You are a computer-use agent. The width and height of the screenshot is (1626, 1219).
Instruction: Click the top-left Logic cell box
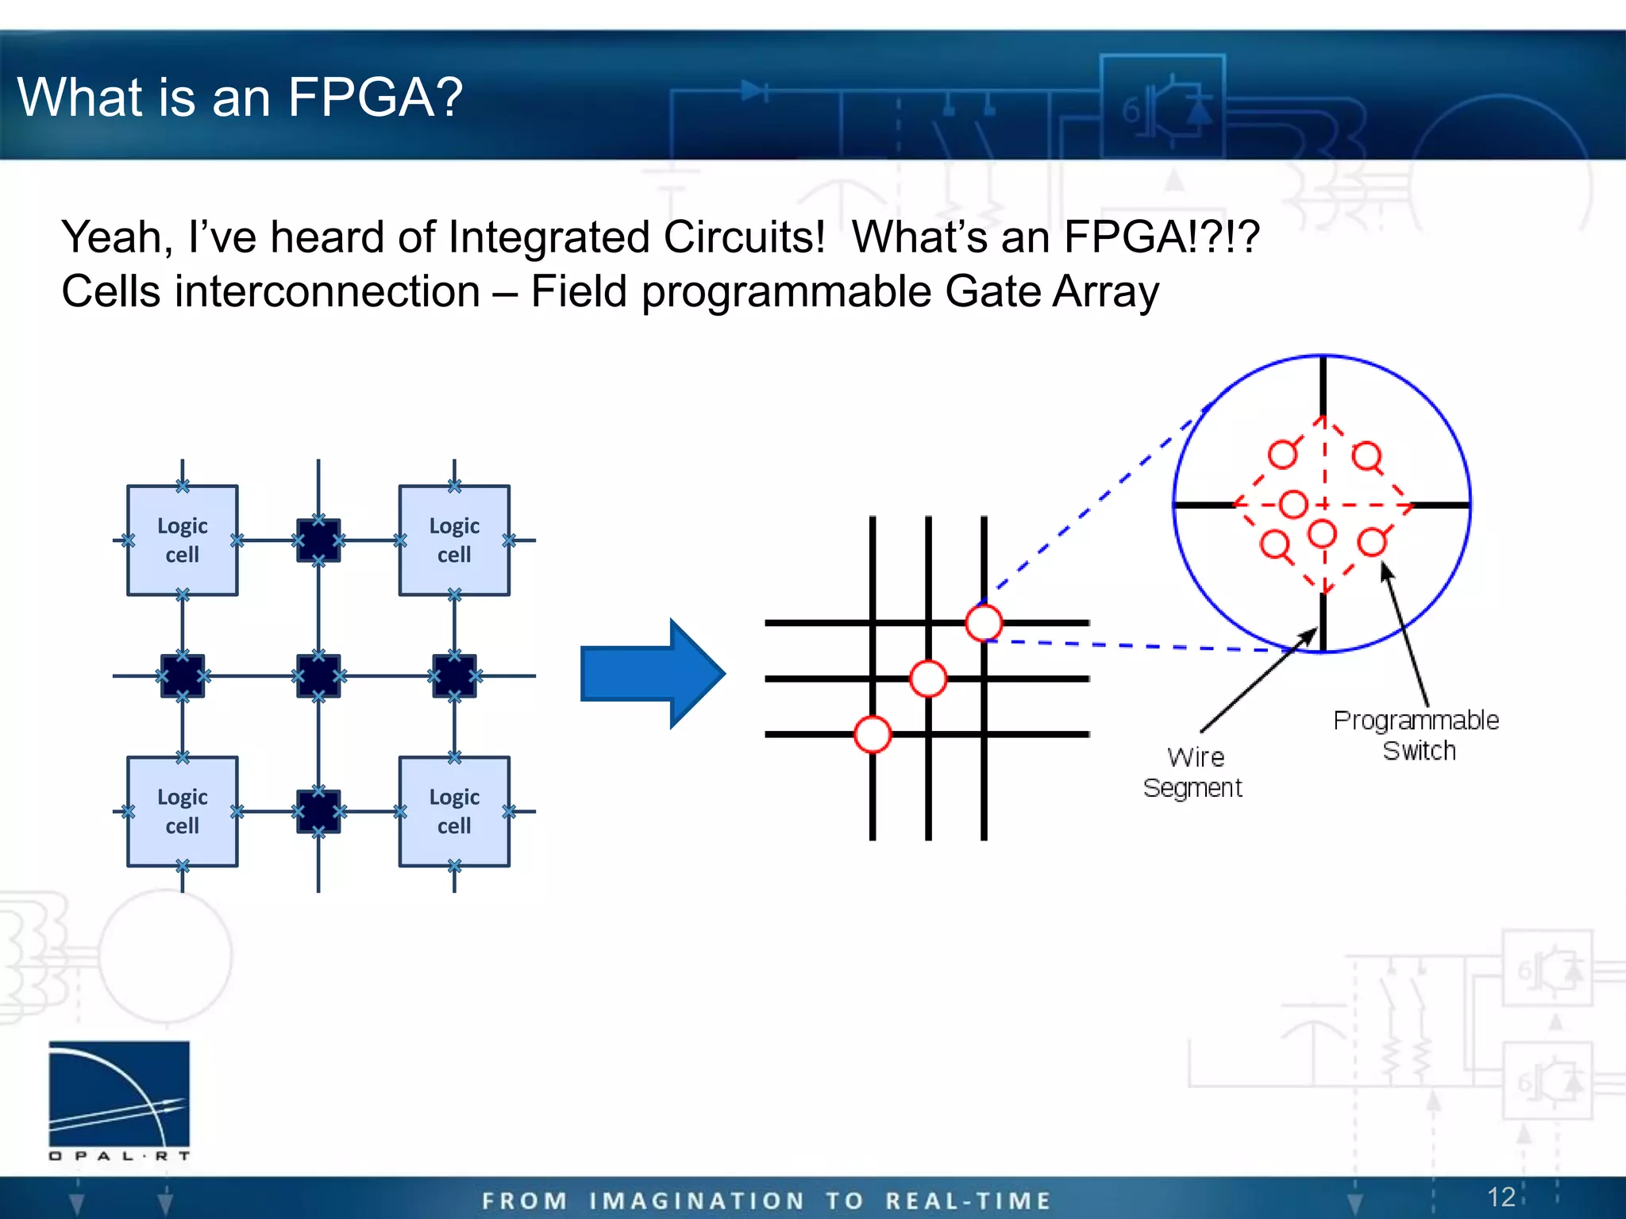pyautogui.click(x=182, y=540)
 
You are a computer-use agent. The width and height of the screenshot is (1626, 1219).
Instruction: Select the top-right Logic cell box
pyautogui.click(x=454, y=540)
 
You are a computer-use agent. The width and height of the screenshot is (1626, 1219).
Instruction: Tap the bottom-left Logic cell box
pyautogui.click(x=182, y=811)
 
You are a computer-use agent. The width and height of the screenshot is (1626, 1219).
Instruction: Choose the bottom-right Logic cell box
pyautogui.click(x=454, y=811)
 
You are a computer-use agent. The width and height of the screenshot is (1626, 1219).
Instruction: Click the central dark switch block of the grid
pyautogui.click(x=318, y=675)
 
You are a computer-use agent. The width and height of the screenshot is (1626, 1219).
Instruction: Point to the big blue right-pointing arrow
pyautogui.click(x=652, y=674)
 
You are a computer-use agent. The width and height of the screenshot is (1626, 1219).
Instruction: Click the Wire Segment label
pyautogui.click(x=1193, y=772)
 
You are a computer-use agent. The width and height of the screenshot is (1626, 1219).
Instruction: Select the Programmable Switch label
pyautogui.click(x=1416, y=735)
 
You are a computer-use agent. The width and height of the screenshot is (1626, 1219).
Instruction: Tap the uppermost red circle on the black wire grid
pyautogui.click(x=984, y=622)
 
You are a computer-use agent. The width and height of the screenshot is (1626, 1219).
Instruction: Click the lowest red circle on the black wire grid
pyautogui.click(x=873, y=734)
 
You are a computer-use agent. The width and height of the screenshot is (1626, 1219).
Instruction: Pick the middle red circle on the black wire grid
pyautogui.click(x=928, y=679)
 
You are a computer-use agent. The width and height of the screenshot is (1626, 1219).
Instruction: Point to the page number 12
pyautogui.click(x=1501, y=1197)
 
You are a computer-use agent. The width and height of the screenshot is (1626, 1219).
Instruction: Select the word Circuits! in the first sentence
pyautogui.click(x=744, y=237)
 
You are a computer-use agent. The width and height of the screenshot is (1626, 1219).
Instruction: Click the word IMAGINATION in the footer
pyautogui.click(x=697, y=1201)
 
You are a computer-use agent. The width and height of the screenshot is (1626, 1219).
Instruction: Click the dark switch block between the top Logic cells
pyautogui.click(x=318, y=540)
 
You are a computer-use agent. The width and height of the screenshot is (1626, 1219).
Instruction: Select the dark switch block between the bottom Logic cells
pyautogui.click(x=318, y=811)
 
